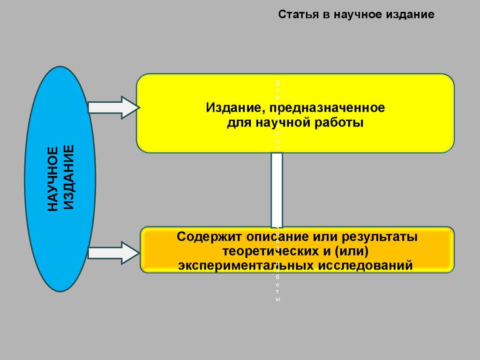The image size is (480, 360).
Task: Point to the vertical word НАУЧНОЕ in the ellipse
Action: (x=53, y=179)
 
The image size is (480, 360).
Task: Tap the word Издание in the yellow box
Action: (x=231, y=108)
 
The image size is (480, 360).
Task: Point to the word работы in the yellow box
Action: (x=340, y=123)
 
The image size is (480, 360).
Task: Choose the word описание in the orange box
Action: (x=273, y=237)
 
